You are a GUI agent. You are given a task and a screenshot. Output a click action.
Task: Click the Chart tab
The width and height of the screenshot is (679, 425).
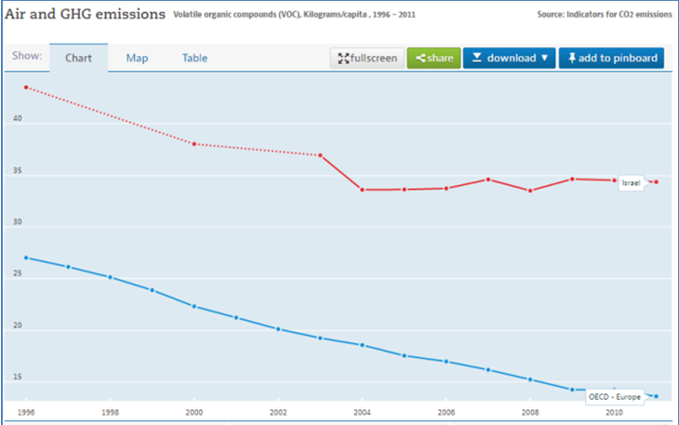click(x=78, y=58)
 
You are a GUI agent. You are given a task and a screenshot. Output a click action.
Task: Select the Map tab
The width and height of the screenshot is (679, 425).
click(x=137, y=58)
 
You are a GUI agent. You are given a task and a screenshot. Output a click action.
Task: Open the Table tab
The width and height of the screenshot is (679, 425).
click(x=194, y=58)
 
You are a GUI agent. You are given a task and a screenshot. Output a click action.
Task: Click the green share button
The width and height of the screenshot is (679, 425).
click(x=433, y=58)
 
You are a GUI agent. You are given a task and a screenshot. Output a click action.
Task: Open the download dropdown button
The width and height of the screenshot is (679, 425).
click(x=510, y=58)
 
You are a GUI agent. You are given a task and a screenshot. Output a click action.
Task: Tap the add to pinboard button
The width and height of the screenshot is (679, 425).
click(x=611, y=58)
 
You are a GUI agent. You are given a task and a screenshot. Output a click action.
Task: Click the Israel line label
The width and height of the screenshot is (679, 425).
click(x=632, y=183)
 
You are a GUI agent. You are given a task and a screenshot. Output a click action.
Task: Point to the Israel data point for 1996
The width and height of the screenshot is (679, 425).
click(x=26, y=87)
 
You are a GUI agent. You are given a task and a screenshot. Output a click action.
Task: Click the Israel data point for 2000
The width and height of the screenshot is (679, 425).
click(x=193, y=144)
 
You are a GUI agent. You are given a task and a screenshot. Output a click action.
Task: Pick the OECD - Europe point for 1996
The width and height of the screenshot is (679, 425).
click(x=26, y=258)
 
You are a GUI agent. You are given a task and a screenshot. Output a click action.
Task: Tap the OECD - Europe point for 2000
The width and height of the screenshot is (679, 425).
click(x=193, y=306)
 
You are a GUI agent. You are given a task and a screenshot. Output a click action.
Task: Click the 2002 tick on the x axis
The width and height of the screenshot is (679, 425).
click(x=277, y=411)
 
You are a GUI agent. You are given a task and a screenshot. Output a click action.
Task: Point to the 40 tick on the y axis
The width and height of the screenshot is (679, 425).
click(x=17, y=120)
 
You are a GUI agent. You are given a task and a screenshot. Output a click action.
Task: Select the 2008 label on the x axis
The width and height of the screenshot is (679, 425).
click(x=529, y=411)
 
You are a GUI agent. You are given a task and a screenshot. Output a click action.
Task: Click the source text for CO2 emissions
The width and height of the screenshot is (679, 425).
click(x=604, y=15)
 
